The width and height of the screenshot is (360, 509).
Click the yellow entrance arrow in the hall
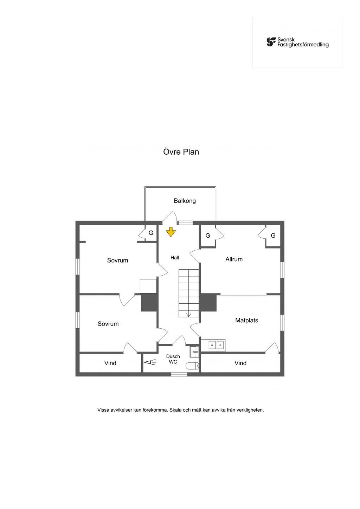click(171, 232)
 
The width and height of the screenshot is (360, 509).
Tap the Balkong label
click(185, 201)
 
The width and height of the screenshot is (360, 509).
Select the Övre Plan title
click(181, 152)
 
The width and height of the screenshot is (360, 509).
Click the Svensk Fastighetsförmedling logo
click(297, 42)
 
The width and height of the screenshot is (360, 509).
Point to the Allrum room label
click(234, 259)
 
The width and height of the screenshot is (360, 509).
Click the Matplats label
click(246, 321)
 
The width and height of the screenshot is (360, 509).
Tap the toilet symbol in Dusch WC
click(192, 366)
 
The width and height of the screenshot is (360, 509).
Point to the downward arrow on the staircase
click(189, 315)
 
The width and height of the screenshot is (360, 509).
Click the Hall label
click(175, 258)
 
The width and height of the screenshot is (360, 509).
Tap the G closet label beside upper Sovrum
click(151, 233)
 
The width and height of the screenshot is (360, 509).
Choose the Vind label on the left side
click(110, 363)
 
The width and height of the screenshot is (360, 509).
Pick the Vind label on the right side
click(240, 363)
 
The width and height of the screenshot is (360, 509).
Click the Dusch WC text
click(173, 359)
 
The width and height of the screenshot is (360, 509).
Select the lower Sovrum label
click(108, 324)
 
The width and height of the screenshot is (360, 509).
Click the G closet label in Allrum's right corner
click(273, 236)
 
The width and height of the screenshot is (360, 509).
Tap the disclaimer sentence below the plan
click(180, 410)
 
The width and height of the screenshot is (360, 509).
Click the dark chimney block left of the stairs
click(149, 303)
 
